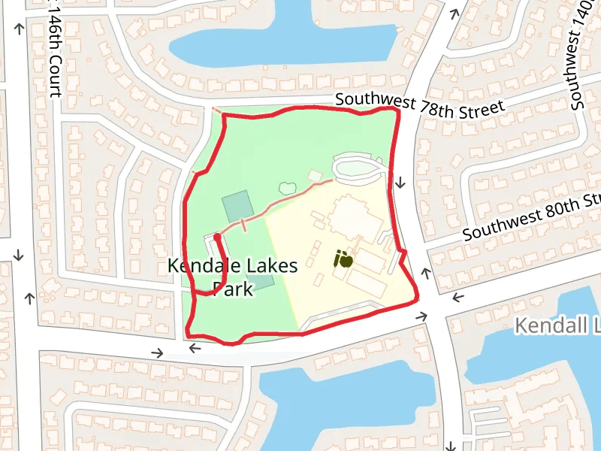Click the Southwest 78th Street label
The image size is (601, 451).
(x=419, y=104)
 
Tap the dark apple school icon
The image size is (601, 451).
(x=343, y=260)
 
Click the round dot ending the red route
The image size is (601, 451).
(x=217, y=237)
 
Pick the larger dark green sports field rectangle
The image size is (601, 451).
(x=237, y=206)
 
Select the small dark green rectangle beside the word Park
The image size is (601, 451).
(x=261, y=282)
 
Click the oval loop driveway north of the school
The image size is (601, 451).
(x=358, y=168)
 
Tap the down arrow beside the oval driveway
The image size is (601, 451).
(x=401, y=182)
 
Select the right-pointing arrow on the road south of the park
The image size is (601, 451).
(x=158, y=352)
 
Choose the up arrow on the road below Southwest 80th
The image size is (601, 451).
(x=426, y=271)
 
